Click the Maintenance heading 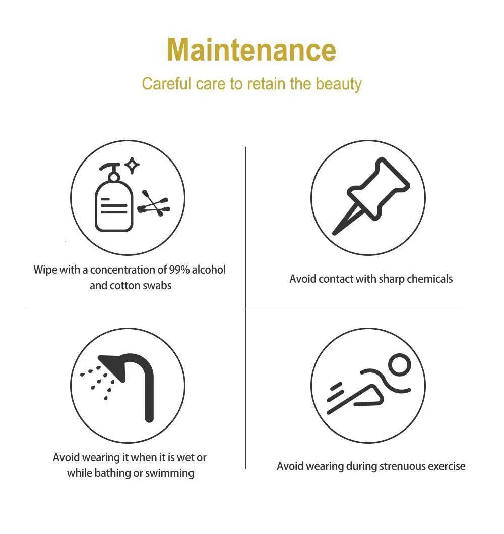[251, 50]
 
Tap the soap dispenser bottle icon [114, 197]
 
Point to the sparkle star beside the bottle [132, 166]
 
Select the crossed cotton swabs [154, 203]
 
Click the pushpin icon [370, 196]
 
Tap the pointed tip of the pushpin [334, 233]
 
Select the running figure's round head [400, 365]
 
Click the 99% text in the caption [179, 270]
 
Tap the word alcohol [209, 270]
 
